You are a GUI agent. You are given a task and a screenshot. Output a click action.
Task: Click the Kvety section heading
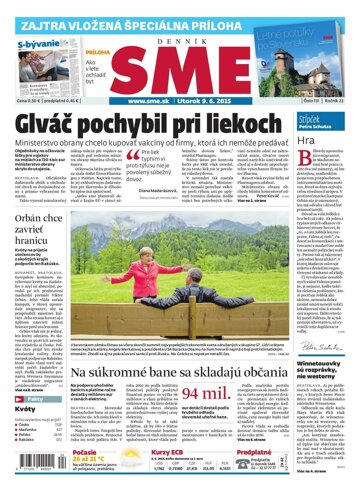(24, 409)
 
